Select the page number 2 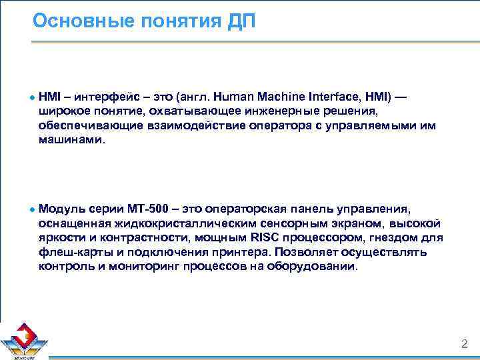(x=465, y=344)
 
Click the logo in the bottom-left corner (x=24, y=339)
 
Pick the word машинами (x=71, y=140)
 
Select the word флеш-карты (x=67, y=253)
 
